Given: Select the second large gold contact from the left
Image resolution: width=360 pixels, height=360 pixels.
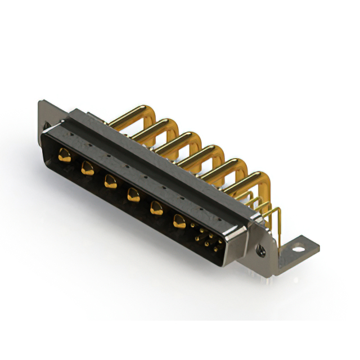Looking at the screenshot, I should tap(87, 168).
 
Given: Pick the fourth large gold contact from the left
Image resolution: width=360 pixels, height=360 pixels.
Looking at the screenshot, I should tap(133, 195).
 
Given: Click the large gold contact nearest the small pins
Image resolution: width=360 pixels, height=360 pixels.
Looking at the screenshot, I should tap(179, 222).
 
